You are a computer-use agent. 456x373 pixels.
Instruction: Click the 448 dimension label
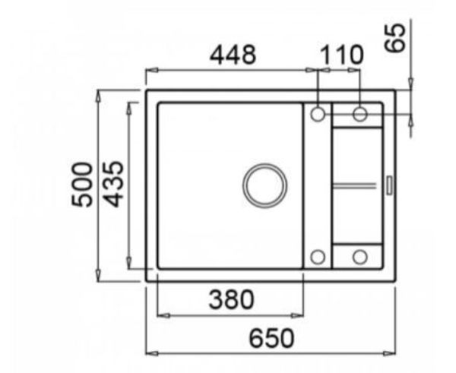(x=233, y=55)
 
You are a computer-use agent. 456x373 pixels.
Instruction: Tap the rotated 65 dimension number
(x=395, y=38)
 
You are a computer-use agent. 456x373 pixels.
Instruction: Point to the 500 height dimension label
(x=82, y=185)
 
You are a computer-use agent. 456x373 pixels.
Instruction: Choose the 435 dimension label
(x=114, y=184)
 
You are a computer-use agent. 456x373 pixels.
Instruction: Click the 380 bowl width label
(x=231, y=300)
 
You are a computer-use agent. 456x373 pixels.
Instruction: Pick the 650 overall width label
(x=271, y=338)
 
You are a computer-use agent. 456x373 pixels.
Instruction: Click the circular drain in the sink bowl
(x=265, y=185)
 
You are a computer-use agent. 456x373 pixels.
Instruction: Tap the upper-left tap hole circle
(x=318, y=114)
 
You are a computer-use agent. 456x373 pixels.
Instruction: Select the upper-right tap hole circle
(x=360, y=114)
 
